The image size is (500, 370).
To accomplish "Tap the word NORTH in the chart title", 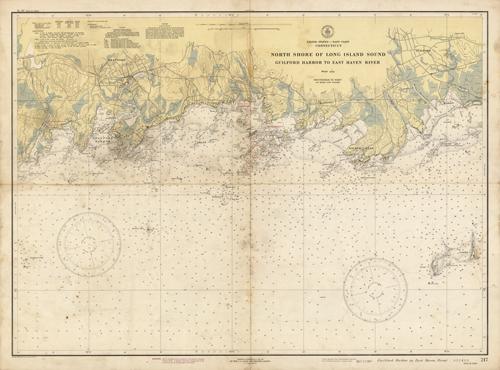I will [x=276, y=54].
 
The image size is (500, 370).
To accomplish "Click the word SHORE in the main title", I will [x=298, y=54].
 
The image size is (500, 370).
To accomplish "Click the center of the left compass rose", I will [x=89, y=244].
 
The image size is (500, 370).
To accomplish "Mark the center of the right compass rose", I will [x=375, y=289].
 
